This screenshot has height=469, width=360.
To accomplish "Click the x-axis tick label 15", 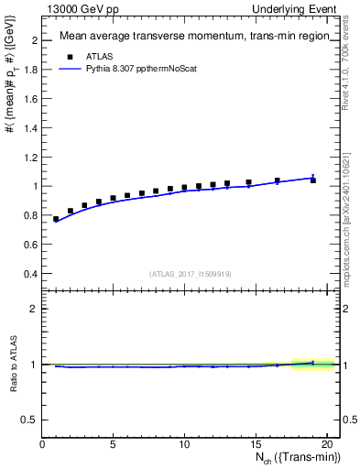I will click(256, 446).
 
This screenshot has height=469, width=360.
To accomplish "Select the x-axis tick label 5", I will click(113, 446).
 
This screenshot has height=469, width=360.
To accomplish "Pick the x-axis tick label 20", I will click(326, 446).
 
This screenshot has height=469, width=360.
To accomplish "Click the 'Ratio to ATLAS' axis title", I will click(13, 364).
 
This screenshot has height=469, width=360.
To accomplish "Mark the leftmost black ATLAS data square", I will click(57, 219).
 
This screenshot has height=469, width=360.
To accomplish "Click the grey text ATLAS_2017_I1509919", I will click(189, 273).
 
